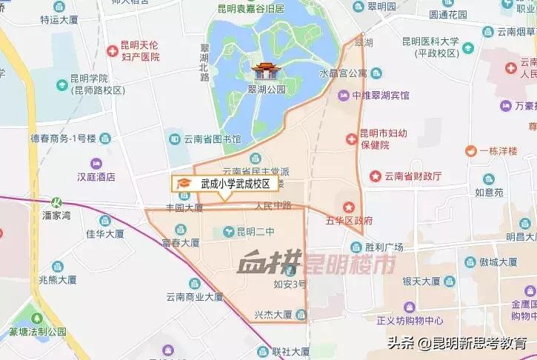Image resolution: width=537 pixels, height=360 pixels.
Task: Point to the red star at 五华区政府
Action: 348,205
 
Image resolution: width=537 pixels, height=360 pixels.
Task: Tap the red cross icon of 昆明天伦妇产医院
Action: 112,51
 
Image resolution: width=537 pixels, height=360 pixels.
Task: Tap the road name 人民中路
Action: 273,205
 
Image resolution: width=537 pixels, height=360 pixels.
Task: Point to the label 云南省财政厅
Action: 413,176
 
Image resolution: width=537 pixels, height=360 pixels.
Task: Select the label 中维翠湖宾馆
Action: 381,96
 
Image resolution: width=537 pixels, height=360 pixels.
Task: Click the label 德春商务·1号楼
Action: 63,138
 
